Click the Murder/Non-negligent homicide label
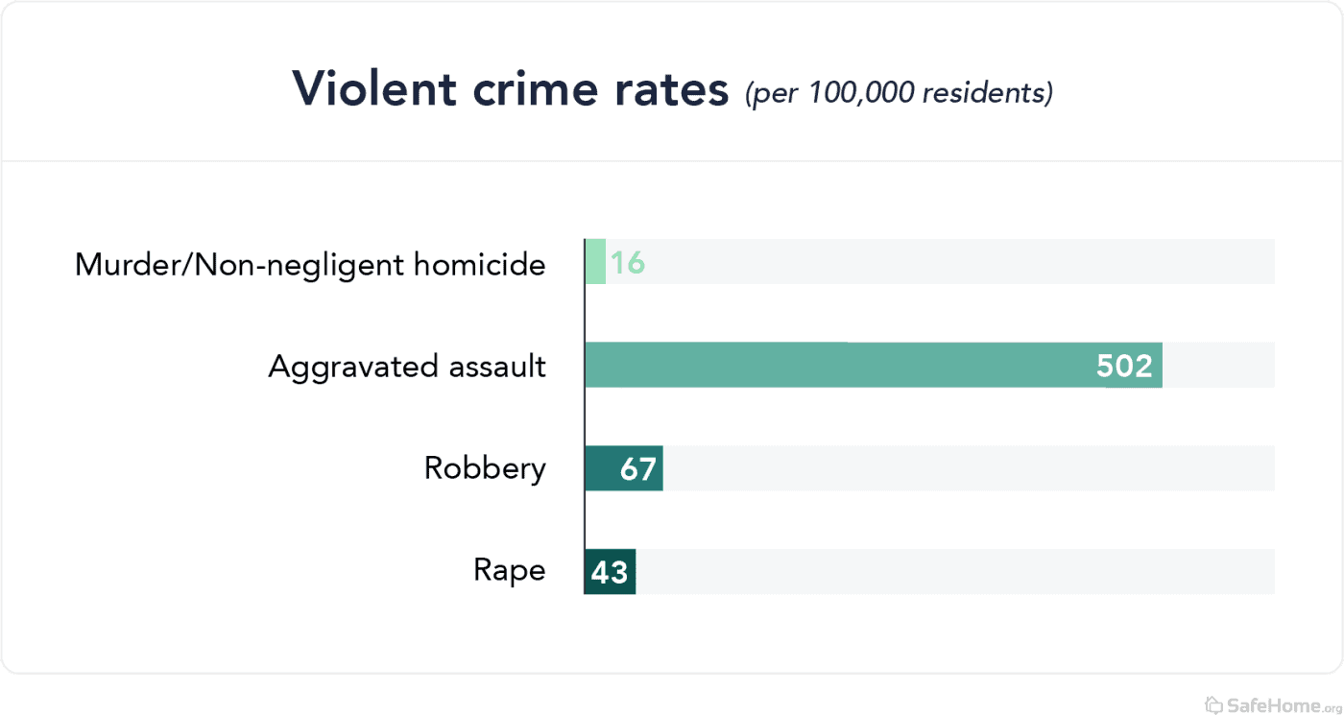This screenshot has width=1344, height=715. tap(310, 264)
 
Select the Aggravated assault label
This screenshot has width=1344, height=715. tap(407, 366)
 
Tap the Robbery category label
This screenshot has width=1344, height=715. tap(485, 468)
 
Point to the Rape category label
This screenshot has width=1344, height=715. tap(510, 570)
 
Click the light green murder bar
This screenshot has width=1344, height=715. tap(595, 262)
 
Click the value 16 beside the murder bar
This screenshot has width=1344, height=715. tap(628, 263)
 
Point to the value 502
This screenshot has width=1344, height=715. tap(1124, 366)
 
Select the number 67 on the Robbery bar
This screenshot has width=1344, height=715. tap(638, 469)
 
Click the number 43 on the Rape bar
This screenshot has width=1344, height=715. tap(610, 572)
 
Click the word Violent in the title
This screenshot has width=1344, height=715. tap(373, 89)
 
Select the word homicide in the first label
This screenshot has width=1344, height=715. tap(479, 264)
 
